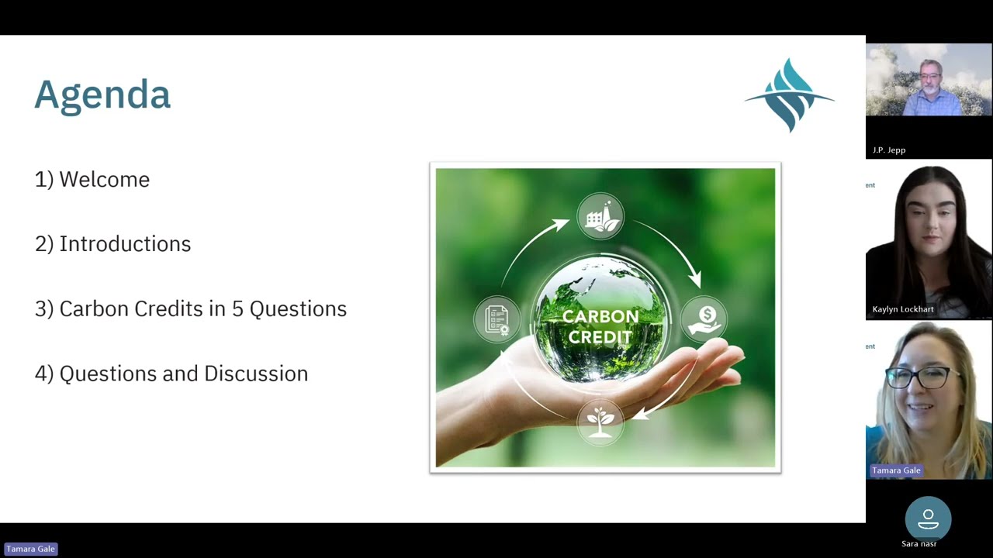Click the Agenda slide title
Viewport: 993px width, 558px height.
pos(102,95)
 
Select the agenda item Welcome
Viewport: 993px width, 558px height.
pos(104,179)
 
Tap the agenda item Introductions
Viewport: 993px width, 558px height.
pos(124,243)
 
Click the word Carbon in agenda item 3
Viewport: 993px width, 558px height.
pos(93,308)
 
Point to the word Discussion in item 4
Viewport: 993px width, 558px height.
pos(255,374)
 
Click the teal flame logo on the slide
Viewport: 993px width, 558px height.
pos(789,95)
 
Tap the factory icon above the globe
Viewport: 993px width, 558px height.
pos(600,216)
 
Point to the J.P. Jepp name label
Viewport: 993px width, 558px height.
pos(889,150)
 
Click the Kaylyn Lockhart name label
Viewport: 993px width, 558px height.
pos(903,309)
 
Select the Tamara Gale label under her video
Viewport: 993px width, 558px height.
pos(896,470)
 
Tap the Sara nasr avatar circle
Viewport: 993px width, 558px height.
pos(928,519)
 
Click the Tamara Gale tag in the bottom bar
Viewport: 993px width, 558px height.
pos(31,549)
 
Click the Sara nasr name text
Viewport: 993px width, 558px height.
pos(919,544)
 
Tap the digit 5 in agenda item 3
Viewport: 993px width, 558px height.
pos(237,308)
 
